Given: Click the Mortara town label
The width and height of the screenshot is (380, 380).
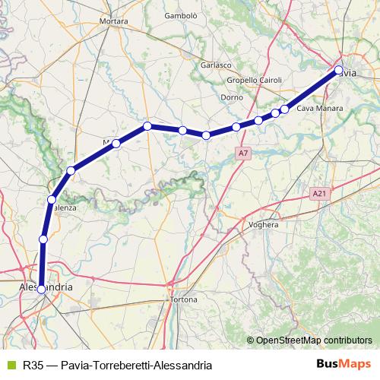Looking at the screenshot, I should pyautogui.click(x=113, y=21).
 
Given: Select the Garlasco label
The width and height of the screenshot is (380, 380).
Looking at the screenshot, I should pyautogui.click(x=216, y=65).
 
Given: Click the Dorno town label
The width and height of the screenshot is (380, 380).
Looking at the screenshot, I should pyautogui.click(x=231, y=97).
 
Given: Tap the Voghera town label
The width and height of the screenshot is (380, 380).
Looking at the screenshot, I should pyautogui.click(x=264, y=225).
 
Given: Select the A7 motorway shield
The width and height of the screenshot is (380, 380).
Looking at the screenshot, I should pyautogui.click(x=242, y=154).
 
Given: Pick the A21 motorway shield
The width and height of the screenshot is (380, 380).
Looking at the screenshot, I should pyautogui.click(x=319, y=195).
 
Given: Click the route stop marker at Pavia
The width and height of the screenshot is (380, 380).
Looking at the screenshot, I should pyautogui.click(x=339, y=71).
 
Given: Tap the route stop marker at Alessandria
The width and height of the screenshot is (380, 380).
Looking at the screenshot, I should pyautogui.click(x=41, y=289).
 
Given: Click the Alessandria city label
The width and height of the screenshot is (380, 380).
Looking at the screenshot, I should pyautogui.click(x=46, y=288).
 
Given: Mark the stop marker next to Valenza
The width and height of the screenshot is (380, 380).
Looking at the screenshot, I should pyautogui.click(x=52, y=200).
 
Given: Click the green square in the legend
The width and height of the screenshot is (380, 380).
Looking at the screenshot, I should pyautogui.click(x=9, y=365).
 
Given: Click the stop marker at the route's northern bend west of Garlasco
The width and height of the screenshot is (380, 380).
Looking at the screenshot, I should pyautogui.click(x=147, y=125).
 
